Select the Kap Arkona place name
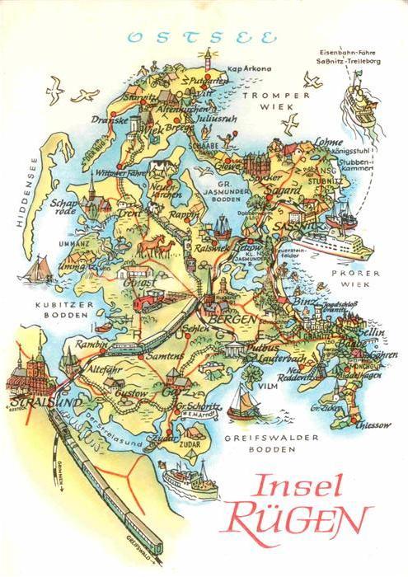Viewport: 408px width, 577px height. click(251, 68)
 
